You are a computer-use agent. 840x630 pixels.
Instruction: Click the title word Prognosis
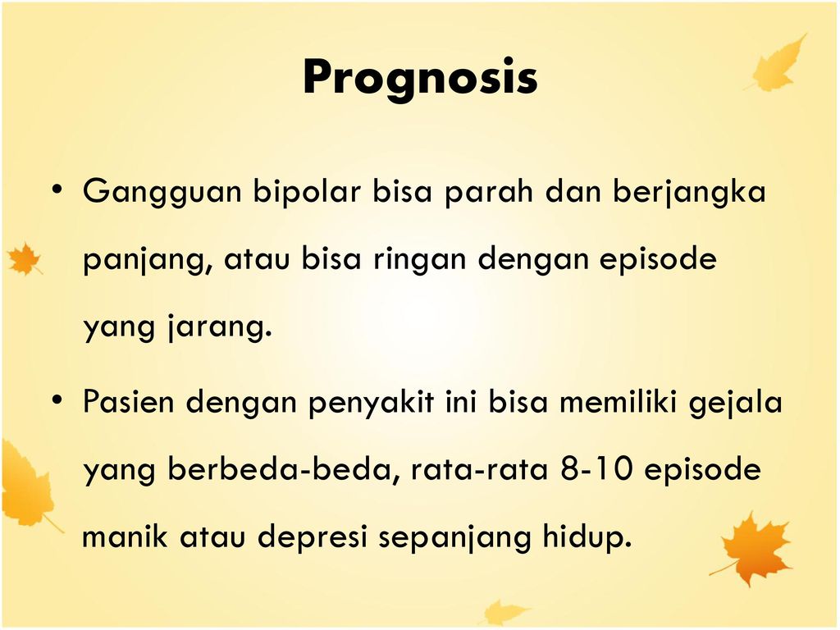click(x=420, y=79)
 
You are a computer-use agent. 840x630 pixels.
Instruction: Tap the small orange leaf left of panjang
click(x=24, y=258)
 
